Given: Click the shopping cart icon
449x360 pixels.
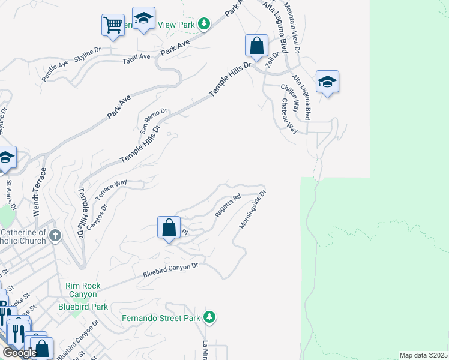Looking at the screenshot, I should (112, 25).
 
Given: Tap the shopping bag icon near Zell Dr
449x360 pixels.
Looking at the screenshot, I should (256, 46).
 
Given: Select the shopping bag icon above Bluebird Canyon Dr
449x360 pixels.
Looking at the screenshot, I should (169, 228).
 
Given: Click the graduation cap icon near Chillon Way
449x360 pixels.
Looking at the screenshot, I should (327, 82).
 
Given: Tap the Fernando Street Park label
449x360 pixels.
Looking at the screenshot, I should (161, 317).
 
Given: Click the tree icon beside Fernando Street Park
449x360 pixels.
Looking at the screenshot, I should (209, 316).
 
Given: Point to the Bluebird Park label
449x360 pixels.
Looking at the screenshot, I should (83, 307).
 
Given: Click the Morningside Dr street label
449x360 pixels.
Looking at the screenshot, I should (252, 209).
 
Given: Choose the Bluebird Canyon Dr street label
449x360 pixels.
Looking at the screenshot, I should (170, 270).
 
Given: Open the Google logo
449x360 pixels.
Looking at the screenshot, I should (20, 353).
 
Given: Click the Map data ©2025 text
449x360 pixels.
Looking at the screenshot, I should (423, 355).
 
